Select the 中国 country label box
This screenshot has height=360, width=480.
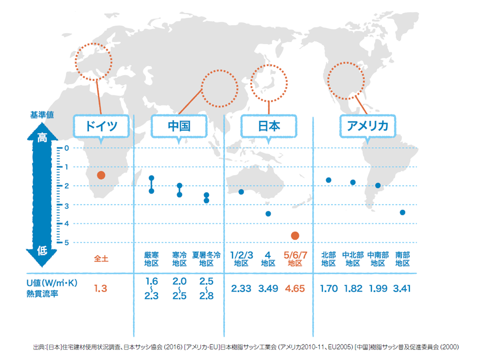pos(178,125)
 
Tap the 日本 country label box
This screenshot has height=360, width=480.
pos(268,125)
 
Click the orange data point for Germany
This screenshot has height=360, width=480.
pos(101,175)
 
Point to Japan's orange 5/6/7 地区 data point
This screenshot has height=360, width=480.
pos(294,235)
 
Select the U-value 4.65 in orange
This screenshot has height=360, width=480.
pos(294,288)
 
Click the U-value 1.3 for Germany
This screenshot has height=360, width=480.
pos(101,288)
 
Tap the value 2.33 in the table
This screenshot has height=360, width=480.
pos(241,288)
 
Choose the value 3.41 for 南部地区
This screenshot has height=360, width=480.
pos(402,288)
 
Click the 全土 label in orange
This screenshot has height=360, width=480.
pos(101,259)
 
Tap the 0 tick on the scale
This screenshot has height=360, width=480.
pos(66,148)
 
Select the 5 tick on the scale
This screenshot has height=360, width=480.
pos(66,242)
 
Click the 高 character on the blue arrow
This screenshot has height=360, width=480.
pos(43,138)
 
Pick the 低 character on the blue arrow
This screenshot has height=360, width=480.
pos(43,251)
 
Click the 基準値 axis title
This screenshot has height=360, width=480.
pos(42,114)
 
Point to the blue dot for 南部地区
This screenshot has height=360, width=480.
pos(402,212)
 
